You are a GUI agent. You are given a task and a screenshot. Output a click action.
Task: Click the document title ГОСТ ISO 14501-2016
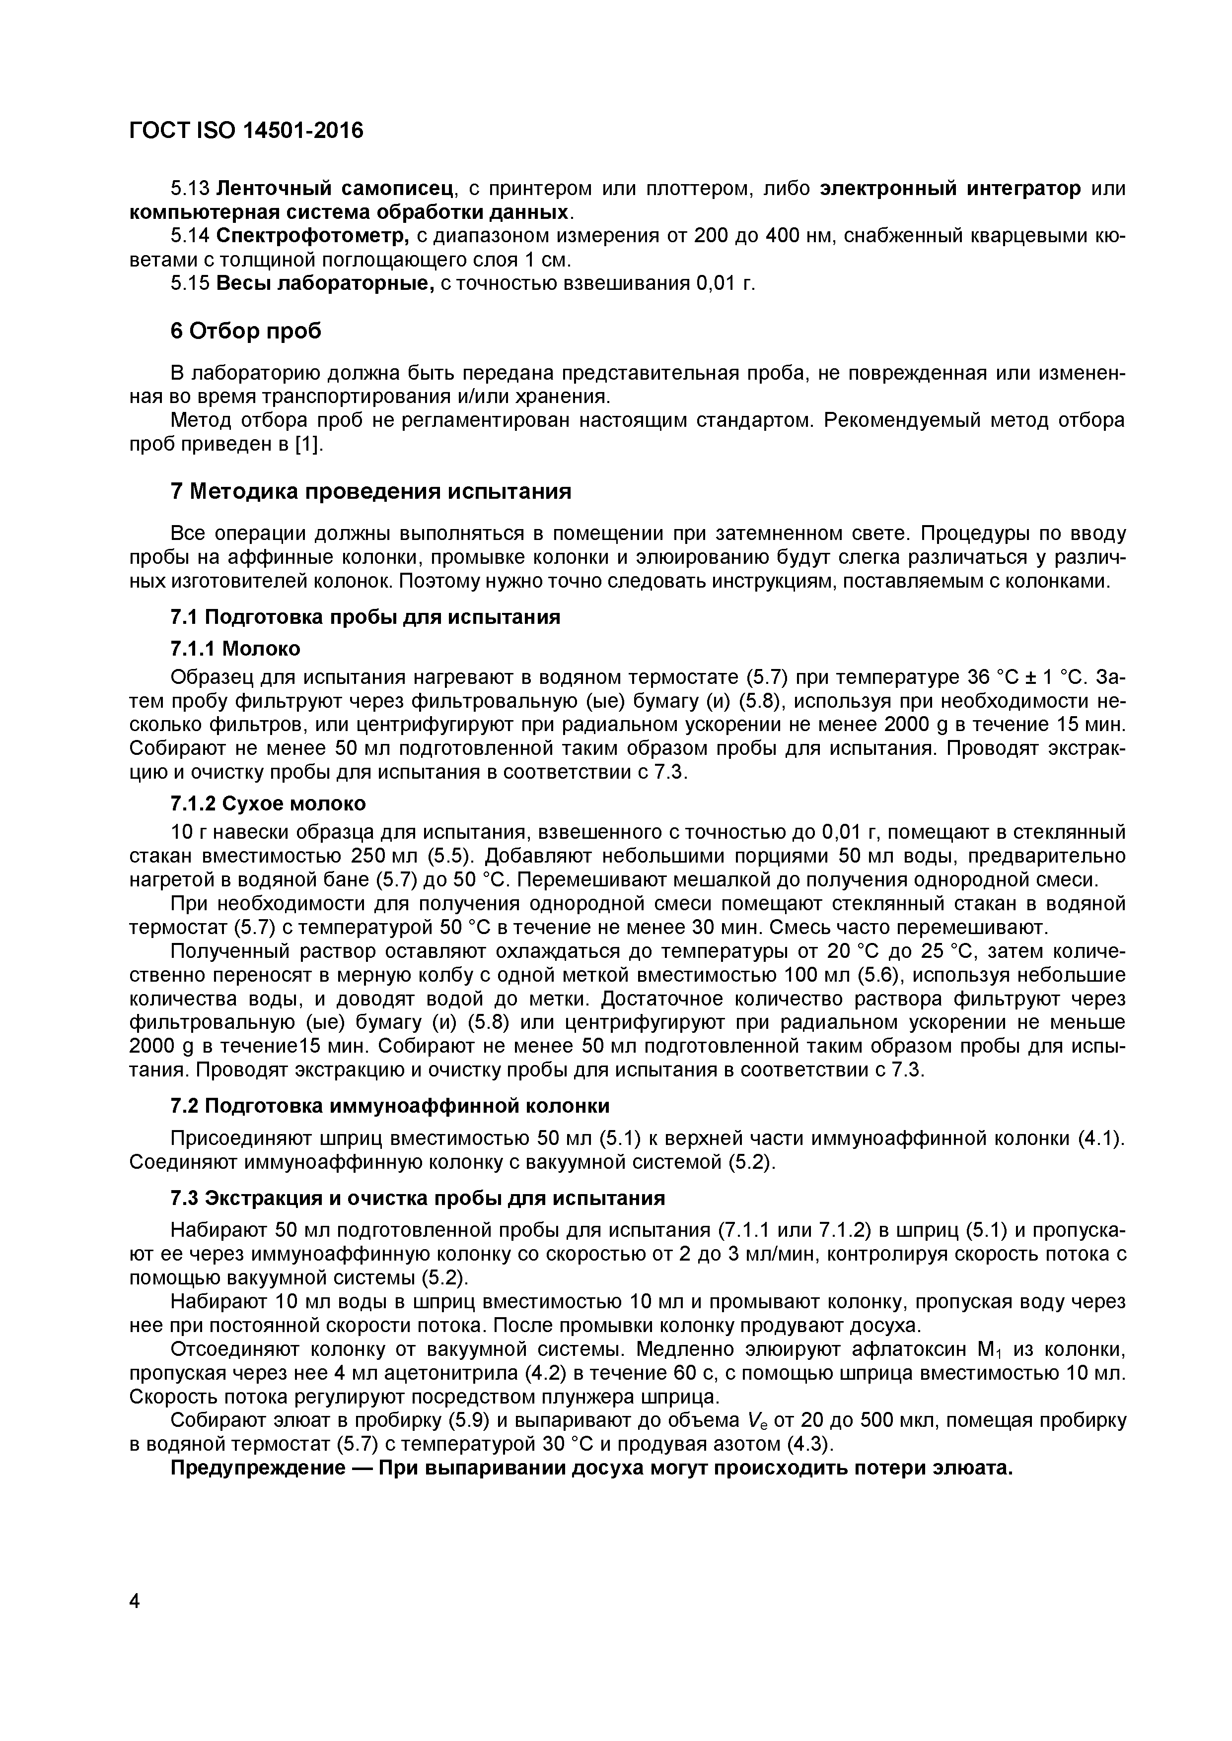(x=246, y=131)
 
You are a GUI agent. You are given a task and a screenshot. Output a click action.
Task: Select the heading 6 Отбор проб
(x=246, y=332)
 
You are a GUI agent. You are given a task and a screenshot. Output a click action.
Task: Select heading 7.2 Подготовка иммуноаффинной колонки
(x=390, y=1106)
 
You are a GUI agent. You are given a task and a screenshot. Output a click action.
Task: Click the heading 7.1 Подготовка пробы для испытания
(x=365, y=617)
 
